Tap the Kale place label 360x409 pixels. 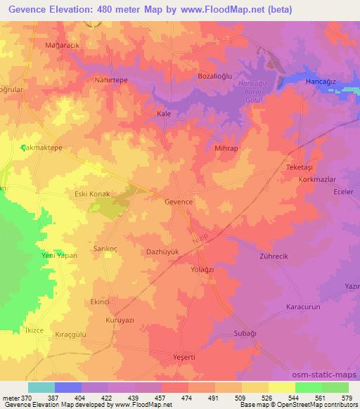[164, 113]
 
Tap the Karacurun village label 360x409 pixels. [303, 307]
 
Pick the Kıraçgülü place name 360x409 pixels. [70, 335]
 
